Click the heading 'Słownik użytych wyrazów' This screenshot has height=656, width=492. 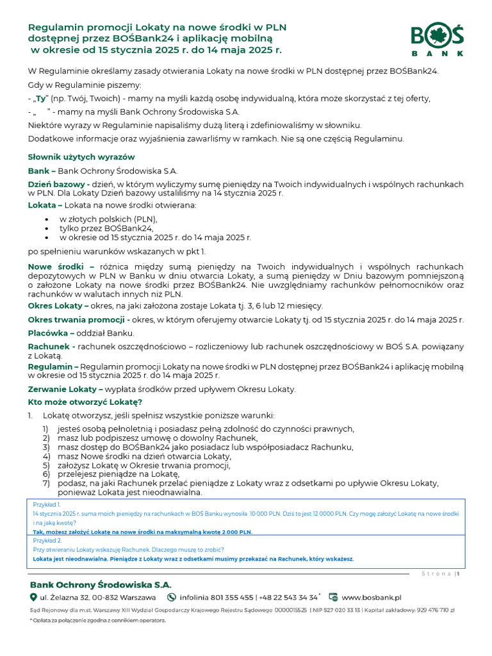[x=81, y=157]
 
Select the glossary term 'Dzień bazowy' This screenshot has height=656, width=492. [x=58, y=184]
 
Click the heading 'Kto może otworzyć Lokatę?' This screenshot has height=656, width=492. [x=85, y=402]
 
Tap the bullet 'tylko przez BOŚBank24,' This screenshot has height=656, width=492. [x=106, y=228]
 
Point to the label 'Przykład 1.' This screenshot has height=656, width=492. [x=46, y=504]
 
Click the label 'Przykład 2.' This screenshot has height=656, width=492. [x=46, y=541]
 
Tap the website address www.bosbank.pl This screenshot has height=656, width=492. [x=371, y=597]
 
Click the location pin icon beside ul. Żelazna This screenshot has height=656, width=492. [x=33, y=597]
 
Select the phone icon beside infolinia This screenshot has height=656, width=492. [x=171, y=597]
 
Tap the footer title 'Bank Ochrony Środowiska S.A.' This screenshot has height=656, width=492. [x=101, y=584]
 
